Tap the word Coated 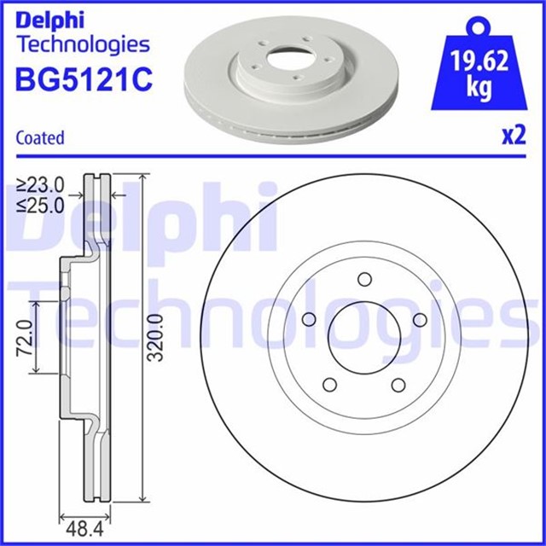click(x=40, y=137)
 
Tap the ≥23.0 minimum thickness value click(x=41, y=183)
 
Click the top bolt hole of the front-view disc click(x=364, y=280)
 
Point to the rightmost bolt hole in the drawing click(x=419, y=319)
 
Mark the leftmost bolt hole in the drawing click(x=310, y=319)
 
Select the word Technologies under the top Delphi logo click(x=82, y=44)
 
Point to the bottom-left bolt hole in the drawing click(x=331, y=384)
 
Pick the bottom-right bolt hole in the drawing click(x=398, y=384)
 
